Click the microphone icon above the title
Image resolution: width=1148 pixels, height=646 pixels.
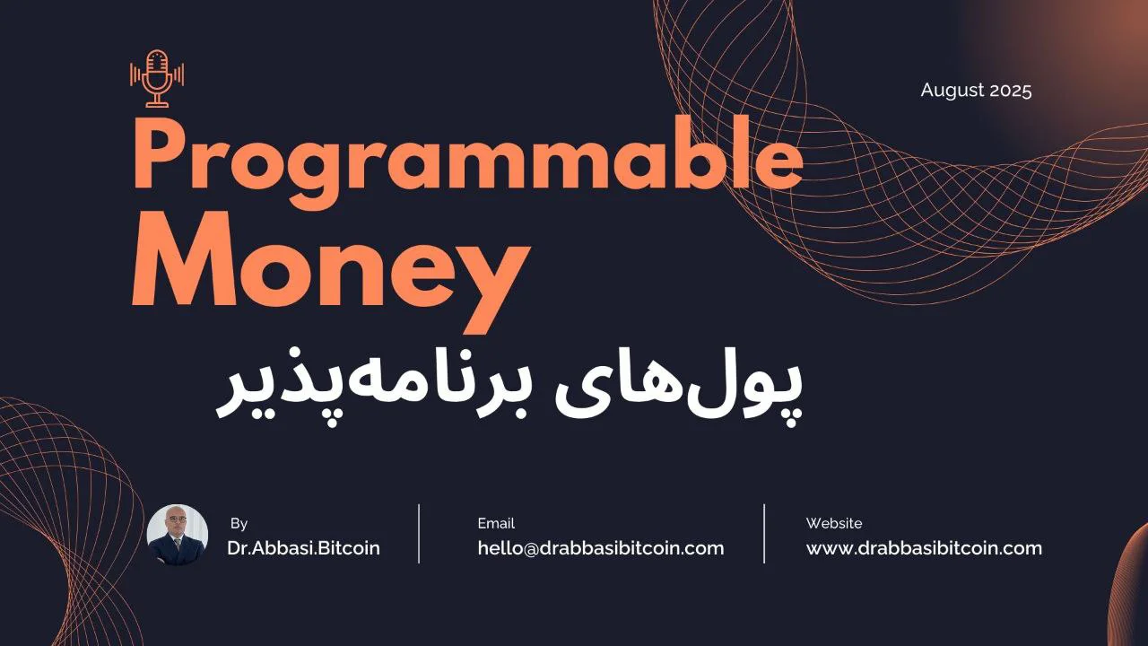[157, 78]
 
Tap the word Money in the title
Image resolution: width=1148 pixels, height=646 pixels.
[331, 266]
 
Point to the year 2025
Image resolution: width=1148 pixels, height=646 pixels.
[1011, 91]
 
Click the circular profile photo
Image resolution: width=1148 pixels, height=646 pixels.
[178, 534]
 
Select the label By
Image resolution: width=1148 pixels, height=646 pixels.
[239, 523]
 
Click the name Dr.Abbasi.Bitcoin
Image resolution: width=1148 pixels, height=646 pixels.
[303, 548]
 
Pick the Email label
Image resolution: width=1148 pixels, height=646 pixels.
[496, 523]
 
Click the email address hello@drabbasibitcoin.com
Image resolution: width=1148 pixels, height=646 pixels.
[601, 548]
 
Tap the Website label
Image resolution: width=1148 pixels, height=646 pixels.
[834, 523]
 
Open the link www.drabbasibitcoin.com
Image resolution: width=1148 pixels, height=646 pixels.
[924, 548]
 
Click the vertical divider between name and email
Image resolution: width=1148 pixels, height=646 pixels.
[419, 534]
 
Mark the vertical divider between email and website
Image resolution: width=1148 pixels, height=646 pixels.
[764, 534]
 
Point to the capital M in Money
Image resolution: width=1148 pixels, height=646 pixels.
[184, 259]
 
